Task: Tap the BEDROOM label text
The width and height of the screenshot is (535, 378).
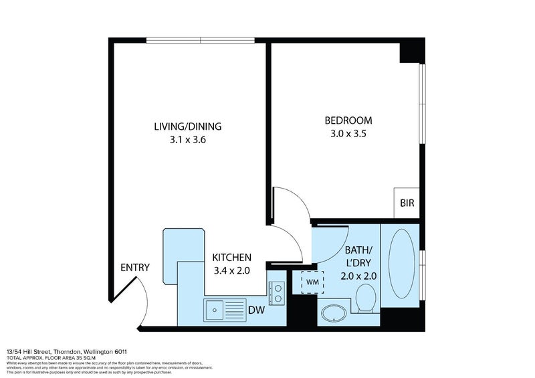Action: (348, 120)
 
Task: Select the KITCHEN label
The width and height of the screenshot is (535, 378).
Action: (231, 258)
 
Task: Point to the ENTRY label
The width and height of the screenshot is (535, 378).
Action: (134, 268)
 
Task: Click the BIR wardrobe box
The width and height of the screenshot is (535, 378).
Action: (407, 203)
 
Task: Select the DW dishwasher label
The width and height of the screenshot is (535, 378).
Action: (255, 310)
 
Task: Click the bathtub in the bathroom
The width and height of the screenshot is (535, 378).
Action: (400, 265)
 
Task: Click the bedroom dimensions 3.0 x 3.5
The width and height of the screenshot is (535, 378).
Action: (348, 133)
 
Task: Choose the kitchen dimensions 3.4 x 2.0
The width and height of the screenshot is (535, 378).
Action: (231, 270)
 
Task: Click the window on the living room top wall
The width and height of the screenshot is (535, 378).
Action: (201, 40)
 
